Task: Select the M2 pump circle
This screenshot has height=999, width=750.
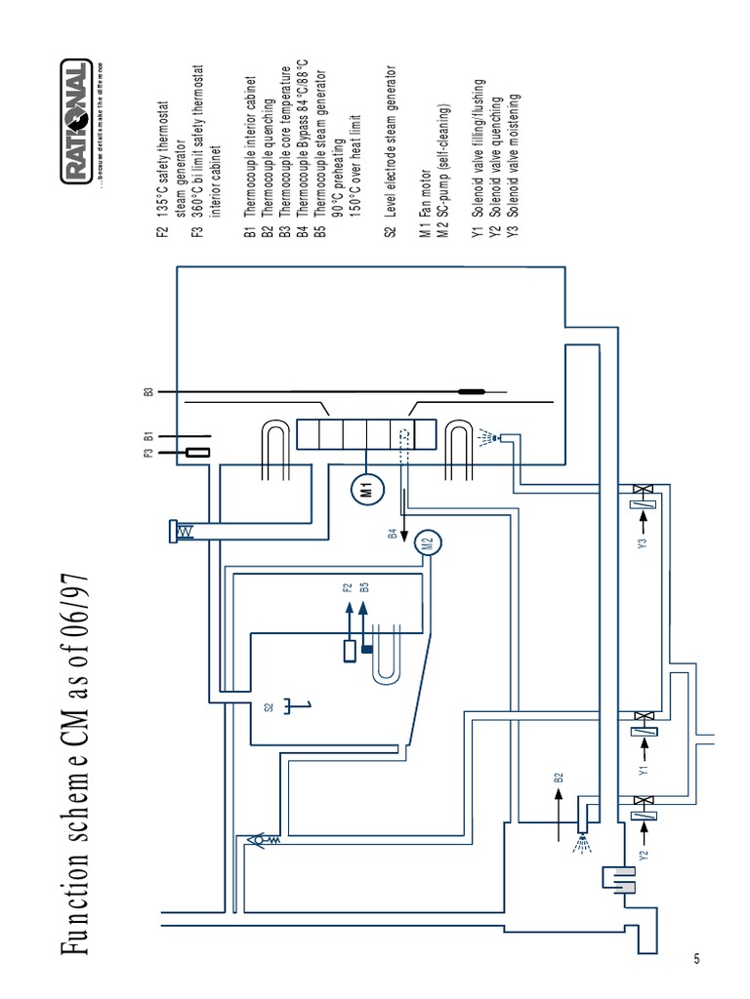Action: (x=427, y=541)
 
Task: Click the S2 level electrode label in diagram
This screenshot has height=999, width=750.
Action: (x=270, y=707)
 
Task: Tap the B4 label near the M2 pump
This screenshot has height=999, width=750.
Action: (x=393, y=534)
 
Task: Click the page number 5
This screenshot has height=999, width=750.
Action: (x=696, y=958)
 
